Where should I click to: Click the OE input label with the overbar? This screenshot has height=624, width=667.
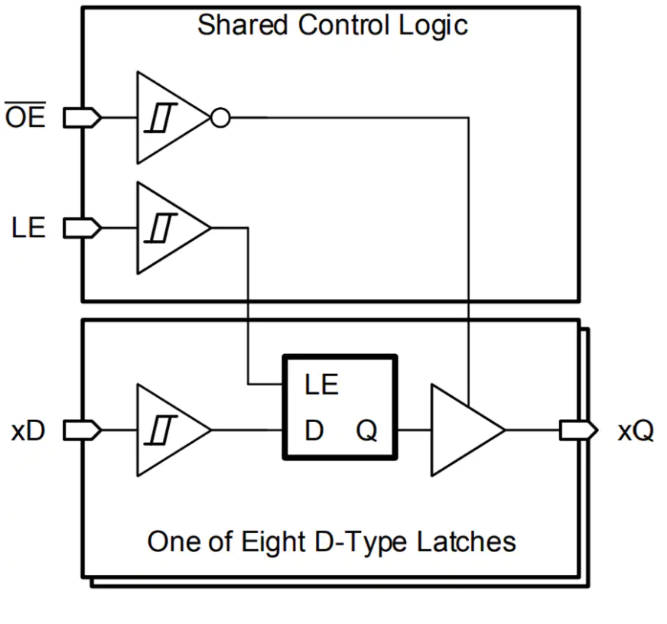pos(26,118)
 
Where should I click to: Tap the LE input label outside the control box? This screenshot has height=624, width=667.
pos(28,228)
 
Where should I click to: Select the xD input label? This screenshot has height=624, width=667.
pos(28,431)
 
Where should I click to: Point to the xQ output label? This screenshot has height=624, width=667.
pos(636,431)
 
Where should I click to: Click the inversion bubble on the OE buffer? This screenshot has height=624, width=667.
pos(220,118)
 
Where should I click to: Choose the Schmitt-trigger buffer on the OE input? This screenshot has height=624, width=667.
pos(168,118)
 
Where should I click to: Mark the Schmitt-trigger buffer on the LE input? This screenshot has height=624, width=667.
pos(168,228)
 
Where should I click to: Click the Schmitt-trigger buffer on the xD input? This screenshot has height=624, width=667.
pos(168,431)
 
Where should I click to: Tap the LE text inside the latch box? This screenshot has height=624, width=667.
pos(321,385)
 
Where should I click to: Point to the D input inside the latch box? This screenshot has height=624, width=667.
pos(314,431)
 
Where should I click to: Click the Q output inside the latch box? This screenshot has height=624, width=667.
pos(366,431)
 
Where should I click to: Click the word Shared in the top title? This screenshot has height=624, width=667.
pos(244,24)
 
